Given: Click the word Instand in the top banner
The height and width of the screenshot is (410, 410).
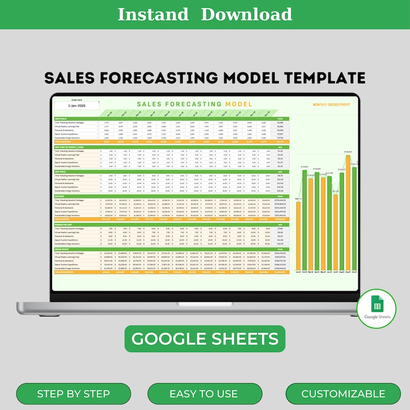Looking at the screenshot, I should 153,14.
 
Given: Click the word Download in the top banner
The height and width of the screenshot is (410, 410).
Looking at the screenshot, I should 246,14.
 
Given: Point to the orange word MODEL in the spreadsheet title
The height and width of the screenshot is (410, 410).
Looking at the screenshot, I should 239,104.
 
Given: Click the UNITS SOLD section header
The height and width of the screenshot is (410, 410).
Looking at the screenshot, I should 61,118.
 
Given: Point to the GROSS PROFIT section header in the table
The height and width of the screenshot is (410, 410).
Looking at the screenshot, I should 62,249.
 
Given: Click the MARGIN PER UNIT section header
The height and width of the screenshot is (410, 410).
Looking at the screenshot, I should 64,225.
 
